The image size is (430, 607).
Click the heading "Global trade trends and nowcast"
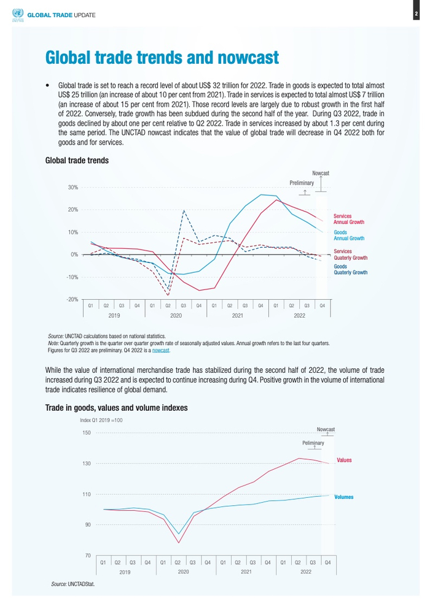(162, 58)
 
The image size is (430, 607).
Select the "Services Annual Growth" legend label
(348, 219)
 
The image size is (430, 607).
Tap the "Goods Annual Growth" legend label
(348, 235)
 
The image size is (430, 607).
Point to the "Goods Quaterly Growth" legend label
(350, 270)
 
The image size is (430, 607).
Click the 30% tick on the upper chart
(72, 187)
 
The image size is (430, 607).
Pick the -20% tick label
(72, 299)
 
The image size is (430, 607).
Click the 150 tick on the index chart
(87, 433)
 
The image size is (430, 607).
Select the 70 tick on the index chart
(88, 555)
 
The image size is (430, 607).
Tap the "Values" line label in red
(344, 460)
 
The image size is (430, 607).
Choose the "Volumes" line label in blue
(343, 497)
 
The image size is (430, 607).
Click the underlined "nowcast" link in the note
(161, 351)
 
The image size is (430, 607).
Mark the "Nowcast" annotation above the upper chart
(321, 174)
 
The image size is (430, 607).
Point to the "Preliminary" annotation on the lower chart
(313, 443)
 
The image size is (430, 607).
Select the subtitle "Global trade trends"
(77, 161)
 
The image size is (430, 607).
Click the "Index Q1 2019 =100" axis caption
(101, 420)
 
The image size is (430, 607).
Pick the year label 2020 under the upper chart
(176, 315)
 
